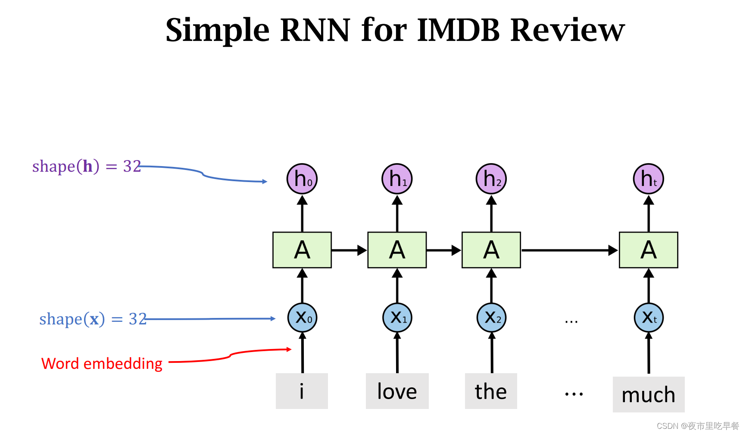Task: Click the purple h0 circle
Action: coord(302,179)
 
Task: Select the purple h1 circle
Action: coord(397,179)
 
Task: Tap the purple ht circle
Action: coord(649,179)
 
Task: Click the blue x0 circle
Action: coord(302,318)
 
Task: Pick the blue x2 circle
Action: coord(492,318)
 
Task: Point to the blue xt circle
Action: coord(649,318)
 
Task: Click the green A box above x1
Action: coord(397,250)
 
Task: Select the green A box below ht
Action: coord(649,250)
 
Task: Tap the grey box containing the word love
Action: coord(397,391)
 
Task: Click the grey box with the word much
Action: coord(649,394)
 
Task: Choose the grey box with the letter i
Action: coord(302,391)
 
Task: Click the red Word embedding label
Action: coord(102,364)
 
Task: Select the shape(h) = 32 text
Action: coord(87,166)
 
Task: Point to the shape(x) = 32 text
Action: coord(93,319)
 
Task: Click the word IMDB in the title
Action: coord(459,30)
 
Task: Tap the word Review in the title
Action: coord(568,30)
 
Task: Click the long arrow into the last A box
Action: coord(569,250)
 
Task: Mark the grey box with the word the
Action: coord(491,391)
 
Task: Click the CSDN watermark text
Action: coord(698,426)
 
